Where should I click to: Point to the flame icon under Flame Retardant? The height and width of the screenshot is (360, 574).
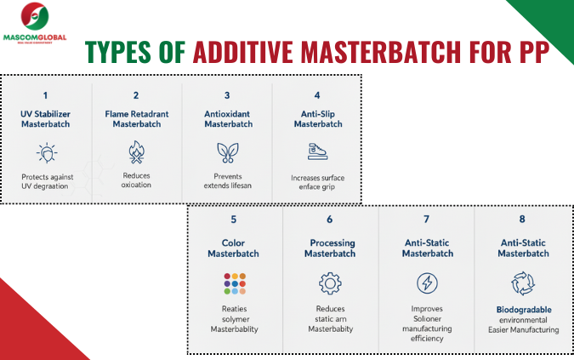coord(137,151)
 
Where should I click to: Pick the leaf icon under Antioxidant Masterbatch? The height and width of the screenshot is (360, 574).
coord(228,151)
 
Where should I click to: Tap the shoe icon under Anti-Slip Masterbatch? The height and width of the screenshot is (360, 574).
coord(316,151)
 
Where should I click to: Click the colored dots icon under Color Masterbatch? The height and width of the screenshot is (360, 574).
coord(234,283)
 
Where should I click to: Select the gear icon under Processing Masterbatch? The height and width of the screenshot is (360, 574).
coord(330,283)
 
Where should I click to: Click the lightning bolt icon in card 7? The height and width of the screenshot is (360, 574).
coord(427,283)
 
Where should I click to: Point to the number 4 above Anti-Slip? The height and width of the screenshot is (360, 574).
coord(316,96)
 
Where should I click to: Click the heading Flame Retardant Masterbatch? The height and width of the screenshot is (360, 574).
coord(137,118)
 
